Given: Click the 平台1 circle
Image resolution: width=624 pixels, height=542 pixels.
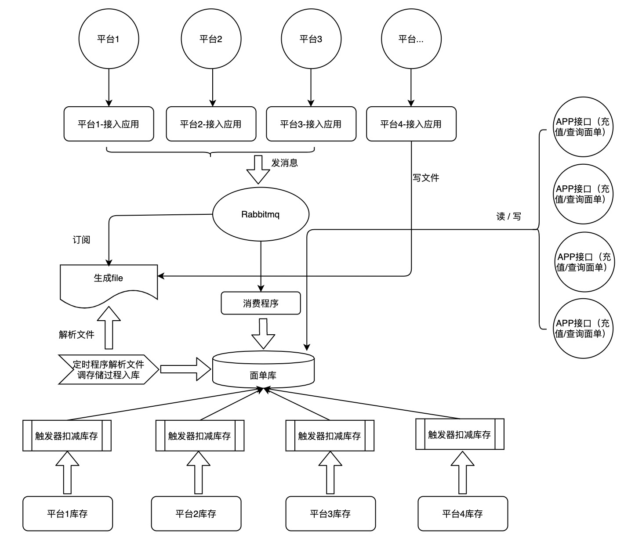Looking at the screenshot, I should (109, 39).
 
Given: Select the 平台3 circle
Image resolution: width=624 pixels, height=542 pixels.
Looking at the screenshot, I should (311, 39).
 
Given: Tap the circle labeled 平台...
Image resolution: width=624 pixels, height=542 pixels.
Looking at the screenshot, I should (411, 39).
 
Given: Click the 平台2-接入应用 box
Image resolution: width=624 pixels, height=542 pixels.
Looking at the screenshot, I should (211, 124).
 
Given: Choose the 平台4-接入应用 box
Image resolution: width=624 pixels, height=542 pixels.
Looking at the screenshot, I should (411, 124).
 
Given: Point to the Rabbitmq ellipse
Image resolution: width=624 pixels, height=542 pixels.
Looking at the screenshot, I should (261, 214).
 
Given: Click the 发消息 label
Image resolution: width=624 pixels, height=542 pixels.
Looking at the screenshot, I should (285, 163).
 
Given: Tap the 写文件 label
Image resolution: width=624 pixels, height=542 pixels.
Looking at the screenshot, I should (426, 178).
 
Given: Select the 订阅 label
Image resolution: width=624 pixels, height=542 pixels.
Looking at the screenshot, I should (81, 240).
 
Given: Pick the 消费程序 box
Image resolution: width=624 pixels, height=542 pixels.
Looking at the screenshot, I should (261, 303).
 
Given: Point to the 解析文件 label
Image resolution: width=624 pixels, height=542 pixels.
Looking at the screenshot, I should (76, 335).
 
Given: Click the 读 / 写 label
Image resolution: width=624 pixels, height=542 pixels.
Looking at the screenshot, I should (508, 217).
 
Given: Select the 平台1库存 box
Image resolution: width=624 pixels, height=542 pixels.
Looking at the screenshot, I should (68, 513).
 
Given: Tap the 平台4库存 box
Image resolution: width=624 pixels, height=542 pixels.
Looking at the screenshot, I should (463, 513).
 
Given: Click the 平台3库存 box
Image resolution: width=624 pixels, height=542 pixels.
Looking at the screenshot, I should (330, 513).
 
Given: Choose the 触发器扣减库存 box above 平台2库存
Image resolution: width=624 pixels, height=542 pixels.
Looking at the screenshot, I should (200, 436).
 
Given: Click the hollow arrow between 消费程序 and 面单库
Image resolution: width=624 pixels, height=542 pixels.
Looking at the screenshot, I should (263, 334).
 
